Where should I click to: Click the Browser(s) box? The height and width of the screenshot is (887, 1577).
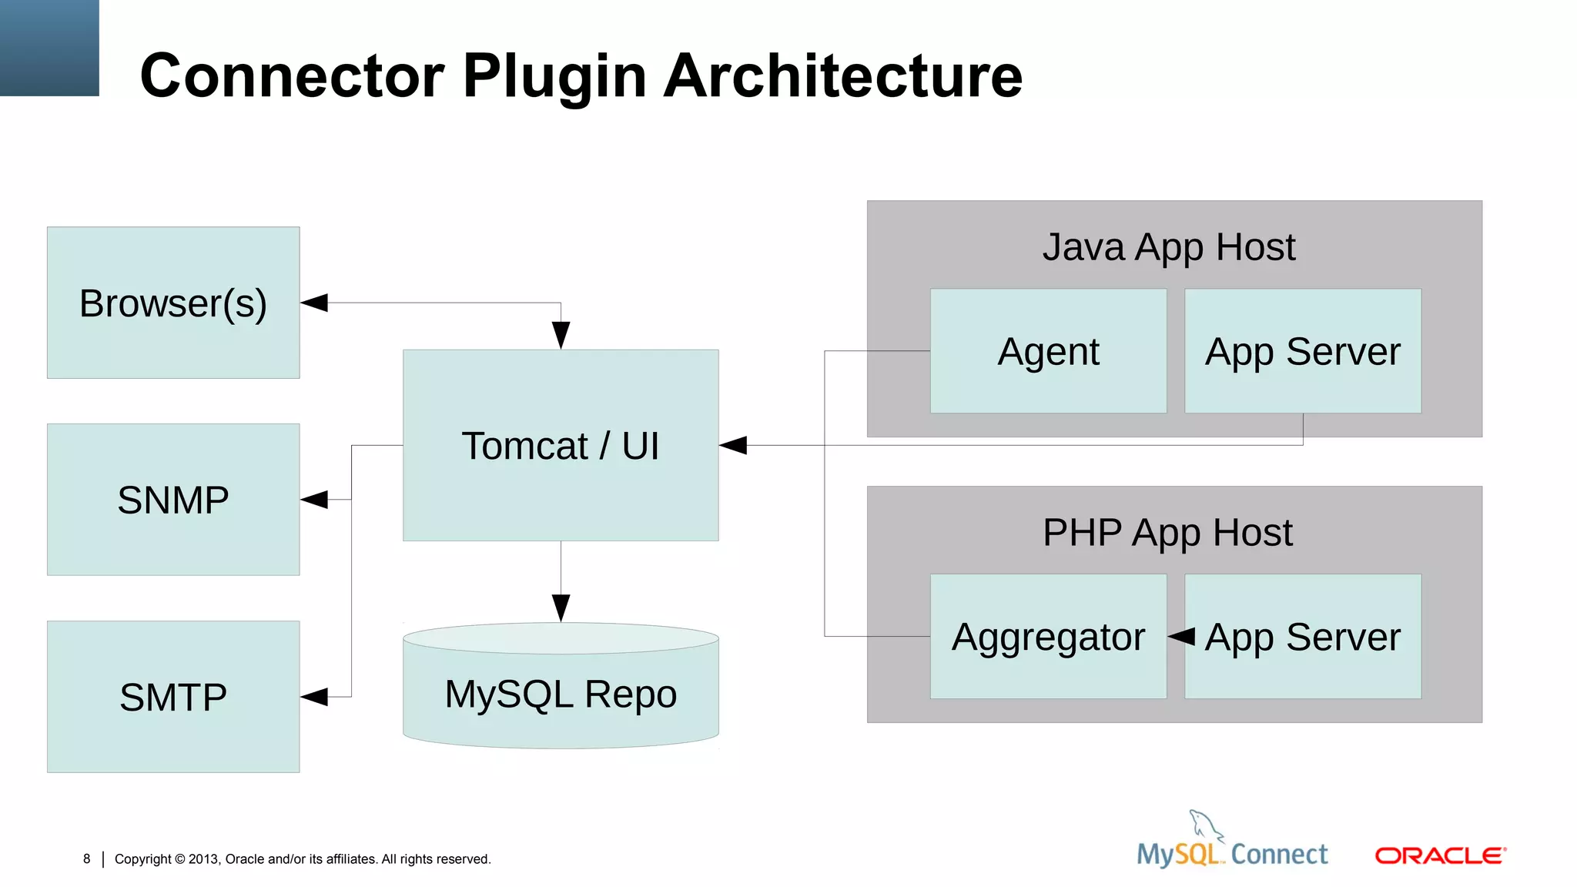tap(173, 303)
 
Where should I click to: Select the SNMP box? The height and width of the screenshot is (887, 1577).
tap(173, 500)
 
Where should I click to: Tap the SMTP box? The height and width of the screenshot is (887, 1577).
tap(173, 697)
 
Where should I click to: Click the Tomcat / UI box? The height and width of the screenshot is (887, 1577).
tap(561, 445)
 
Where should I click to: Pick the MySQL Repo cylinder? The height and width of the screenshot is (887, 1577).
tap(561, 693)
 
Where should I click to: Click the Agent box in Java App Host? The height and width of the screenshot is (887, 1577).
tap(1048, 351)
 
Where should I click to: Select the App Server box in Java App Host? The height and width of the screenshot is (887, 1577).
tap(1302, 351)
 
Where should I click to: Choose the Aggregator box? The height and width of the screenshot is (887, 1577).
tap(1048, 637)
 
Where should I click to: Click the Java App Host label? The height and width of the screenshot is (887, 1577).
tap(1168, 247)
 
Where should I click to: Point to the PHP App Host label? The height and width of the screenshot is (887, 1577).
tap(1167, 532)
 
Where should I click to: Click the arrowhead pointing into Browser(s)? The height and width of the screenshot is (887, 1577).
tap(314, 303)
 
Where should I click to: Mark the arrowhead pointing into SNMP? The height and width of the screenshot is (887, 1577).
tap(314, 500)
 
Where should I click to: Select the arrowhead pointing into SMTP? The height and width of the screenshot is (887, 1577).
tap(314, 697)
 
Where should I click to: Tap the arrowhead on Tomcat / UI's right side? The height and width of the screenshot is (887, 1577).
tap(733, 445)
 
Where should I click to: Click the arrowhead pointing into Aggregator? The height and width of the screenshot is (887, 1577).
tap(1181, 637)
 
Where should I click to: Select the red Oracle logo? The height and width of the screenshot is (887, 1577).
tap(1440, 855)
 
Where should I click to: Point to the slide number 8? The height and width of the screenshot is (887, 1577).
tap(87, 859)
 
